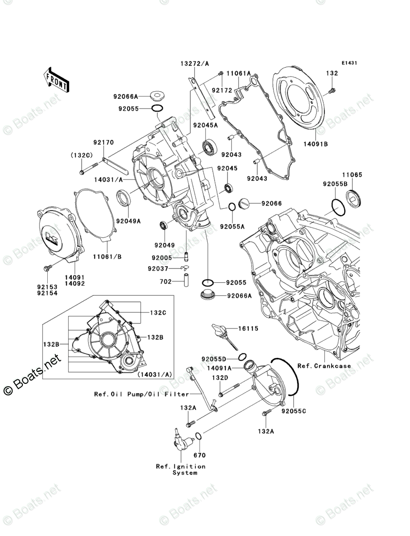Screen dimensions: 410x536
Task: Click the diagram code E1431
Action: (349, 63)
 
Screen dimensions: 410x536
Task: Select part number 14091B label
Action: (316, 144)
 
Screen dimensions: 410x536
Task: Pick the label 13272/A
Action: (195, 63)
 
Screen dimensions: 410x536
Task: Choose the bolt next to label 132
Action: (332, 91)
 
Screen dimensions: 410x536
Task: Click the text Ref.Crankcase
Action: (324, 366)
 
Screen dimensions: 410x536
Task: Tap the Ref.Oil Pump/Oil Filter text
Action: (142, 394)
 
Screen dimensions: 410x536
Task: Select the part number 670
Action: (199, 455)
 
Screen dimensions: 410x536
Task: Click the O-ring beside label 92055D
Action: (242, 357)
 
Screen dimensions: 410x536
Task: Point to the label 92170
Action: (103, 142)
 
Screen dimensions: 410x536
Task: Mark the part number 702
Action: (166, 282)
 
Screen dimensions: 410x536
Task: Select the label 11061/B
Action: (107, 257)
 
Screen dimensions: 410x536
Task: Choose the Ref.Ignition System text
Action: (181, 469)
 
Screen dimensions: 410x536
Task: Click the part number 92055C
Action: (294, 411)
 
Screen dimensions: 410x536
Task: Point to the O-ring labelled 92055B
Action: (338, 207)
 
